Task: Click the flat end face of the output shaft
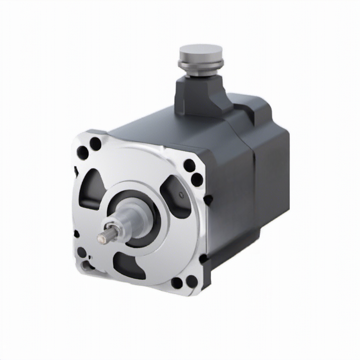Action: (x=102, y=239)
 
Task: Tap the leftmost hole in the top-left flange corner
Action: (x=83, y=153)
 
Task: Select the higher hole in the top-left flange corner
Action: (x=95, y=143)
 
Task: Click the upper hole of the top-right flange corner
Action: (x=189, y=165)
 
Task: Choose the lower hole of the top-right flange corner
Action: (x=197, y=179)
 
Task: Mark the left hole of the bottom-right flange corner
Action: (x=177, y=283)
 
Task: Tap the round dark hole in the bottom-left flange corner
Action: (x=82, y=252)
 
